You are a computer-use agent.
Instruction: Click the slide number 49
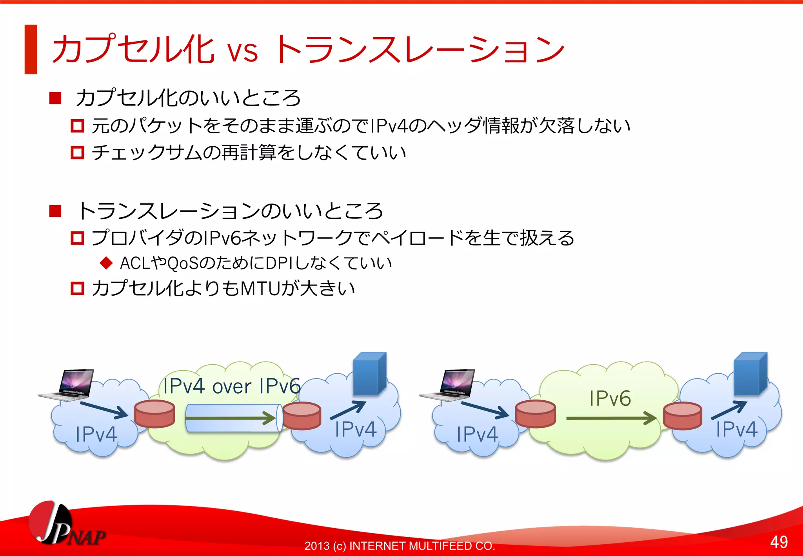tap(779, 542)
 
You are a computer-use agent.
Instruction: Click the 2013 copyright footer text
tap(400, 546)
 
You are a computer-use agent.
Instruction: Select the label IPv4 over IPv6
tap(231, 386)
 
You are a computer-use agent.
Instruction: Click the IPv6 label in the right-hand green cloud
tap(610, 398)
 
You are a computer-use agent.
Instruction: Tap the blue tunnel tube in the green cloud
tap(233, 418)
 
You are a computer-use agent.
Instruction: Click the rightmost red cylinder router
tap(683, 416)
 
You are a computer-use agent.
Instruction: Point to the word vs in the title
tap(243, 51)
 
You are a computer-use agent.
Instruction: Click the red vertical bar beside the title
tap(31, 49)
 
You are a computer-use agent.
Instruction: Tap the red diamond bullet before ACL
tap(106, 263)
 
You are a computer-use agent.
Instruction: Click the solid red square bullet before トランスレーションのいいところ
tap(55, 211)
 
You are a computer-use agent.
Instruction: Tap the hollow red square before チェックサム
tap(77, 153)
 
